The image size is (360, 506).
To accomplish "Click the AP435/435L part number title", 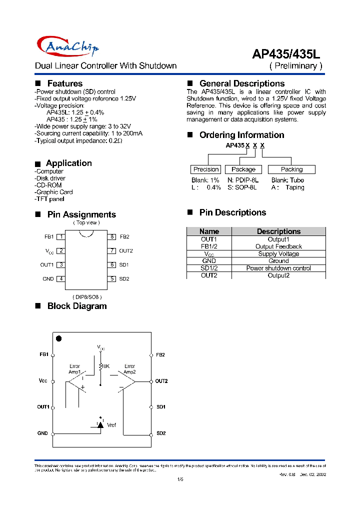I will (x=289, y=53).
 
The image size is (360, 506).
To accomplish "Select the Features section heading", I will (x=64, y=83).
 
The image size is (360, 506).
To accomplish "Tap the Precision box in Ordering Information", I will (x=206, y=169).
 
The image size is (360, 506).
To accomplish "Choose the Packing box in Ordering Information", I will (x=291, y=169).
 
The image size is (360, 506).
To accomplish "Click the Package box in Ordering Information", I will (x=243, y=169).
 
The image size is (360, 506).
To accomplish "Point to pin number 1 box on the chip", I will (x=60, y=237).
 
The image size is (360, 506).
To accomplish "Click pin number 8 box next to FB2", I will (x=112, y=237).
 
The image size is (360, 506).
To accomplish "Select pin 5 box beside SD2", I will (x=112, y=279).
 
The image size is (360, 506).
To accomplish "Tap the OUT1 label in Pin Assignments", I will (x=47, y=265).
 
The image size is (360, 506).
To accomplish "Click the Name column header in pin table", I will (x=209, y=231).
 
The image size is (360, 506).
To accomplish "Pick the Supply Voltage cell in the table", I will (x=278, y=254).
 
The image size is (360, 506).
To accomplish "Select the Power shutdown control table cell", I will (x=278, y=268).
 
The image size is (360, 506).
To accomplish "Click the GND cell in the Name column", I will (x=209, y=261).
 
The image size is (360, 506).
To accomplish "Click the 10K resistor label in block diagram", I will (x=105, y=366).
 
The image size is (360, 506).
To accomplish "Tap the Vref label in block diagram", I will (x=111, y=425).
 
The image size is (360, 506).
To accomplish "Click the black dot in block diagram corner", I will (x=58, y=338).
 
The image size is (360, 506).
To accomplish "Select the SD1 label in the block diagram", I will (x=160, y=407).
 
